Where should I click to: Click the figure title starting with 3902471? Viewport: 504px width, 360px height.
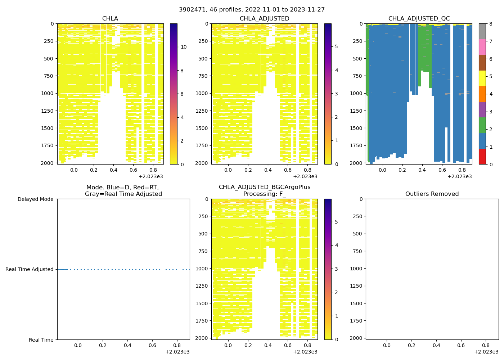252,10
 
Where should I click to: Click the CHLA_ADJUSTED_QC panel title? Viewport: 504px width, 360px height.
419,19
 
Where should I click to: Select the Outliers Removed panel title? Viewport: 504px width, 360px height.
432,194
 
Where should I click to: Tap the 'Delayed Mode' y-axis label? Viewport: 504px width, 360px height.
35,199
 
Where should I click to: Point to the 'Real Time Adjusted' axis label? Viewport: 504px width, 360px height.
30,269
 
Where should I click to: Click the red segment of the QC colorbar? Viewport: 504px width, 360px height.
482,157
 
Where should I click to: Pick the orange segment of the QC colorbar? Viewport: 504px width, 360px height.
482,94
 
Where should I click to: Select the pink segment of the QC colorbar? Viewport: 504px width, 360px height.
482,47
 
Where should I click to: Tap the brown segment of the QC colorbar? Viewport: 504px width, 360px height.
482,63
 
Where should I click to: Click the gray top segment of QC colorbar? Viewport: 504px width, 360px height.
482,31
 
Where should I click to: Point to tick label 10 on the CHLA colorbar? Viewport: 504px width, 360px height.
183,47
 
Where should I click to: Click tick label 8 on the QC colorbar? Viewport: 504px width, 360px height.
491,24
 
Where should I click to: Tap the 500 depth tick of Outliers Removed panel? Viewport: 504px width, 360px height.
358,234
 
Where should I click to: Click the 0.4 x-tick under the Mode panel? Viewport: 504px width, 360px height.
127,346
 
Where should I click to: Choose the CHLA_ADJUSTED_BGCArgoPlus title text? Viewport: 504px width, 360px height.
265,187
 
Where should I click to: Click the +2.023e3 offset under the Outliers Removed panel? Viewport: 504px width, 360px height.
486,352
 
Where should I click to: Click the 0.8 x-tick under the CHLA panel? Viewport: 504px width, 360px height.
153,170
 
